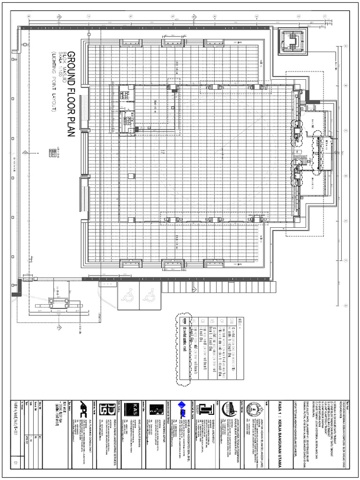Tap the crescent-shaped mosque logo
tap(229, 408)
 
